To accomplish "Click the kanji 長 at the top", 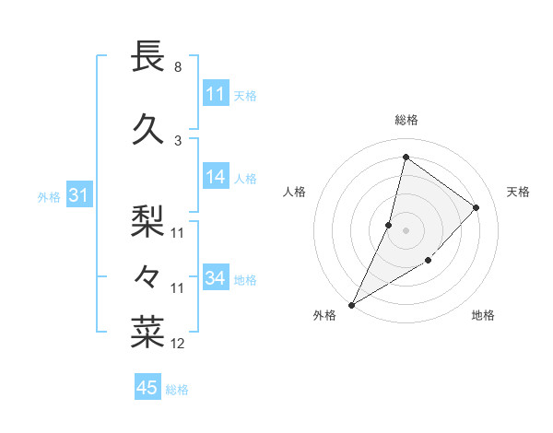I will (148, 56).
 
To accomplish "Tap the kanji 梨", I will (148, 220).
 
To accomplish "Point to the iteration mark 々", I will (148, 275).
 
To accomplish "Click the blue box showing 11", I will (216, 94).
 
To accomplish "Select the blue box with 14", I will (216, 178).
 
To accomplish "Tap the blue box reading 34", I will (216, 278).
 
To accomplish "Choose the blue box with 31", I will (78, 195).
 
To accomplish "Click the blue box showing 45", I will (147, 388).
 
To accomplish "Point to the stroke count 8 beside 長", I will (177, 67).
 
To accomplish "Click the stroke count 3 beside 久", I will (177, 140).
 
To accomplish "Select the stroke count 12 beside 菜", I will (178, 344).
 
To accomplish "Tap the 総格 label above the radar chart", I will (406, 120).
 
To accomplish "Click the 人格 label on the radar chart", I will (295, 192).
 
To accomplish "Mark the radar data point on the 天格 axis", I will (476, 207).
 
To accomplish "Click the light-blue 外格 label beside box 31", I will (49, 196).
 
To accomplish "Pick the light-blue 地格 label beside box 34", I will (245, 279).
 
